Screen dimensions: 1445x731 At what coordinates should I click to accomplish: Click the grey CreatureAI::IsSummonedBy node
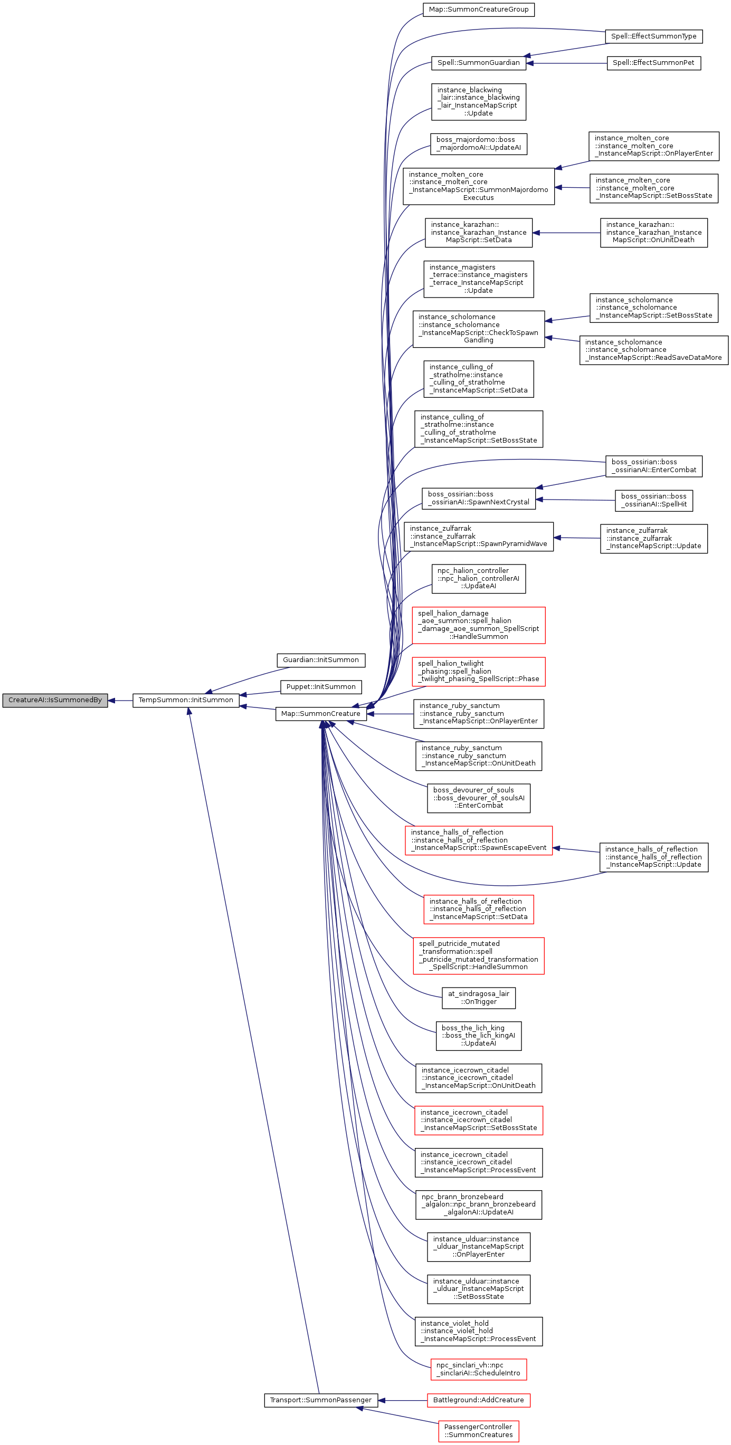(x=55, y=700)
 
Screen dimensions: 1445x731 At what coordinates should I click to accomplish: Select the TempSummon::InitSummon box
(x=186, y=700)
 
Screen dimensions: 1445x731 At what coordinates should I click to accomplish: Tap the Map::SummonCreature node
(x=320, y=713)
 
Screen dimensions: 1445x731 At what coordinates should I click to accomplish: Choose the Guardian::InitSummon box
(x=321, y=659)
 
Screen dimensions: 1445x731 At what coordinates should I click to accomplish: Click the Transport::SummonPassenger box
(x=320, y=1400)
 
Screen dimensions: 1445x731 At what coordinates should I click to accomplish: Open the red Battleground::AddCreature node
(x=478, y=1400)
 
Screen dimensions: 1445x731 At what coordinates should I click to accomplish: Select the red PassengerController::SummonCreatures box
(x=478, y=1430)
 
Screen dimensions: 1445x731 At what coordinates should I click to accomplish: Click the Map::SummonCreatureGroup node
(x=478, y=9)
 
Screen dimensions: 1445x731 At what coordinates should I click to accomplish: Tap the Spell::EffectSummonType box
(x=653, y=36)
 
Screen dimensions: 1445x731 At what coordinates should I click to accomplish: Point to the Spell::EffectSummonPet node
(x=653, y=63)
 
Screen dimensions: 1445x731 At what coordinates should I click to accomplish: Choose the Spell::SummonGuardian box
(x=478, y=63)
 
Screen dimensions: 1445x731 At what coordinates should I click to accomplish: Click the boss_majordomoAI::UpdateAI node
(x=478, y=143)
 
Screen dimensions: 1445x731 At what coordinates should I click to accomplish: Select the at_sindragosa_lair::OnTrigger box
(x=478, y=998)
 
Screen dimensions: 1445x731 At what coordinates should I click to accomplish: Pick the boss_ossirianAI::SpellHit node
(x=653, y=500)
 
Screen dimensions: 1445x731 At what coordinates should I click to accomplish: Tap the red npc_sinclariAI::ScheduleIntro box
(x=478, y=1369)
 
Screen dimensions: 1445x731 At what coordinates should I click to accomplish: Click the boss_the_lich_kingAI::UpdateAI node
(x=478, y=1036)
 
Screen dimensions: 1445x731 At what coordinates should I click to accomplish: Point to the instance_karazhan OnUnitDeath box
(x=653, y=232)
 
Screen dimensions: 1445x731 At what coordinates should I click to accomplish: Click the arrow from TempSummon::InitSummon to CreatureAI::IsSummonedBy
(x=120, y=700)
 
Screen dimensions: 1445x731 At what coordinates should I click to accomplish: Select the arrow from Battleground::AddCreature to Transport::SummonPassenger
(x=402, y=1400)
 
